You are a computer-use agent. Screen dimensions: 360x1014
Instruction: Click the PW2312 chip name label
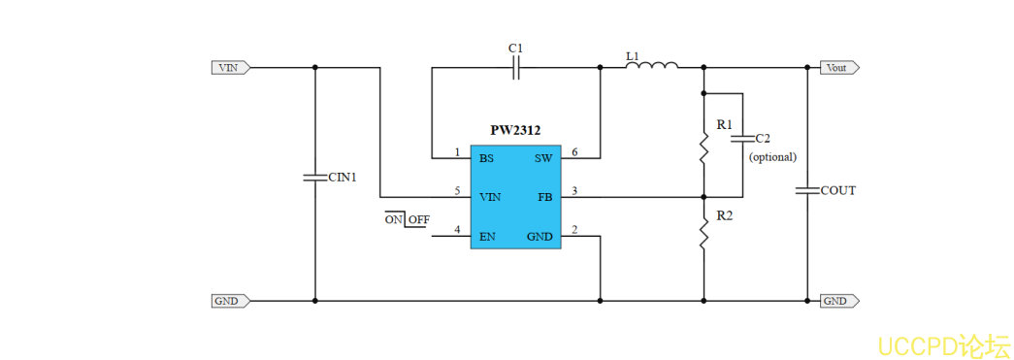pos(515,130)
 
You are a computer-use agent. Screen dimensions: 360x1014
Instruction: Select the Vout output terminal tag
pos(838,68)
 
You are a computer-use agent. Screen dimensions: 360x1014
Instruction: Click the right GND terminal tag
pos(838,301)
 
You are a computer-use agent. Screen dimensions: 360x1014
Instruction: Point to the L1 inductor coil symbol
pos(658,66)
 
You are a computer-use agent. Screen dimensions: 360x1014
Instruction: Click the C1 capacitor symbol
pos(516,68)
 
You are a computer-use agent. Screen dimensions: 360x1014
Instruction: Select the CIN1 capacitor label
pos(343,178)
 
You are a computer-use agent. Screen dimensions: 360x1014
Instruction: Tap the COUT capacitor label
pos(838,190)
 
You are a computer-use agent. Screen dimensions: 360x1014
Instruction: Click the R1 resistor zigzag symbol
pos(703,148)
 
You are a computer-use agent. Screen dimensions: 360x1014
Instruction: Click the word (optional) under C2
pos(772,156)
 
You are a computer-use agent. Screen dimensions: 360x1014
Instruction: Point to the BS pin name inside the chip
pos(486,157)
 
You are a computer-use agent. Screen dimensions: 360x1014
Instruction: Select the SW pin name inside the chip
pos(543,157)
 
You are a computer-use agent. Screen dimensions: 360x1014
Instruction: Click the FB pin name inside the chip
pos(545,196)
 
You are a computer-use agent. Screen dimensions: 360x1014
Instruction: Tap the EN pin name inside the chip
pos(487,236)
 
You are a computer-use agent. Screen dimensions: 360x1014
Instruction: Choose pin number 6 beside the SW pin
pos(574,152)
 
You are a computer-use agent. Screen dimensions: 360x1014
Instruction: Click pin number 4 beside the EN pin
pos(457,230)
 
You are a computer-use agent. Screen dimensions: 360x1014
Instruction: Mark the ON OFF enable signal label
pos(408,219)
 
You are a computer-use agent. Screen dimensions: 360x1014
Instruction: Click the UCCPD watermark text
pos(942,345)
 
